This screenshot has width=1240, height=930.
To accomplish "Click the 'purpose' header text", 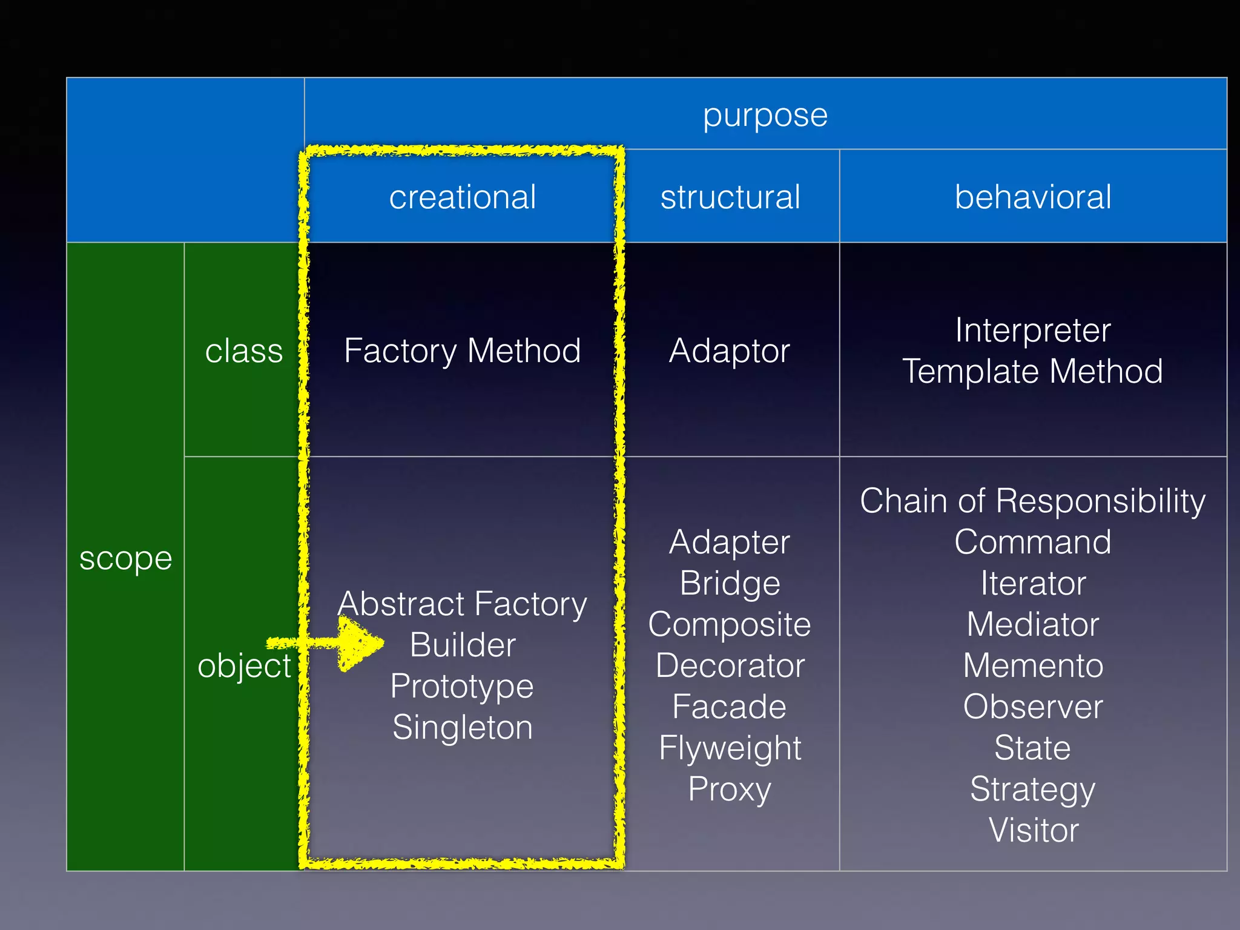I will pyautogui.click(x=765, y=115).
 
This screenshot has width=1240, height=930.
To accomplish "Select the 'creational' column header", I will pyautogui.click(x=462, y=197).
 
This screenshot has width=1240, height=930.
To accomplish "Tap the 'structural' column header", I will pyautogui.click(x=730, y=197).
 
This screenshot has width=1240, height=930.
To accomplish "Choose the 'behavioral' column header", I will pyautogui.click(x=1033, y=197).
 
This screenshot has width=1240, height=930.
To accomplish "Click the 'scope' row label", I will pyautogui.click(x=125, y=558).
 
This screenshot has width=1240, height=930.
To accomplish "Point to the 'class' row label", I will pyautogui.click(x=243, y=351).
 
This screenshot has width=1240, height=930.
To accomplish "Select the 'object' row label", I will pyautogui.click(x=244, y=665).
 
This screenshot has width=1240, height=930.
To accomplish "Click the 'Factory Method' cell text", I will pyautogui.click(x=462, y=351).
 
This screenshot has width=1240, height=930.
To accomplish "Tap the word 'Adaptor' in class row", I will pyautogui.click(x=730, y=351).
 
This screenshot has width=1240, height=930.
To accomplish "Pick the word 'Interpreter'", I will pyautogui.click(x=1033, y=330).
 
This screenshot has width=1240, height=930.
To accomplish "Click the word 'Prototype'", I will pyautogui.click(x=462, y=686).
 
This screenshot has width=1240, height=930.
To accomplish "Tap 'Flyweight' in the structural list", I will pyautogui.click(x=730, y=748).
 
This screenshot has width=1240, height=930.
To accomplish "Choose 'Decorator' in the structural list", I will pyautogui.click(x=730, y=665).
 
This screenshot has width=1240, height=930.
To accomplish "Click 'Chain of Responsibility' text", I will pyautogui.click(x=1033, y=501).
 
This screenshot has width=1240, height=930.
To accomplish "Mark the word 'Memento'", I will pyautogui.click(x=1033, y=665).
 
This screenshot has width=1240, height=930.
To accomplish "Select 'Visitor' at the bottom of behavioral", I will pyautogui.click(x=1033, y=829).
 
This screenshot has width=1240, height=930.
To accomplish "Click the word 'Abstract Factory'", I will pyautogui.click(x=462, y=604).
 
